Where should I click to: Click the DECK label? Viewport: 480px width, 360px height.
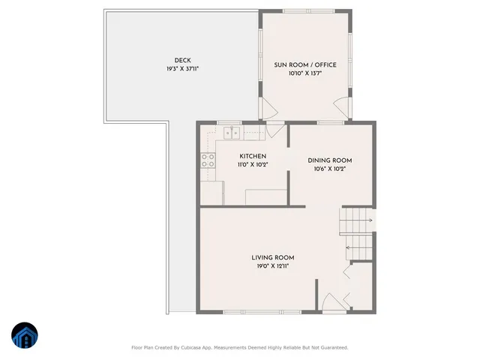[x=181, y=61]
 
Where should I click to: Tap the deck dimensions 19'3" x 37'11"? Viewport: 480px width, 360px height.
[x=181, y=69]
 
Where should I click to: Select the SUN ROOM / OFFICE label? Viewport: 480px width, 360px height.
[x=304, y=64]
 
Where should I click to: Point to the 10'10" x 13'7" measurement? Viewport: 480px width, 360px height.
[x=304, y=73]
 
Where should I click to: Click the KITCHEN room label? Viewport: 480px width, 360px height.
[x=253, y=156]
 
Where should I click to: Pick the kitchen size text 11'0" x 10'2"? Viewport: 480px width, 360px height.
[x=253, y=164]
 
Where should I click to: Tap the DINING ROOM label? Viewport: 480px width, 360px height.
[x=330, y=160]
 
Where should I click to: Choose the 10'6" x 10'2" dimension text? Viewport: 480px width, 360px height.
[x=330, y=169]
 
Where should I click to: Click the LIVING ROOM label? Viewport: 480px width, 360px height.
[x=272, y=257]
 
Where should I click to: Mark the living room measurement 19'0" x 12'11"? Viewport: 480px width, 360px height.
[x=272, y=265]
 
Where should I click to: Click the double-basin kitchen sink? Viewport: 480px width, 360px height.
[x=231, y=134]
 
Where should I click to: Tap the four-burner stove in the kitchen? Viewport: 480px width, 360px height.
[x=208, y=160]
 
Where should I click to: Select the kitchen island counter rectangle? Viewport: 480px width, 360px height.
[x=266, y=196]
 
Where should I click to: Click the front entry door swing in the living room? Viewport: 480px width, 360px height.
[x=331, y=304]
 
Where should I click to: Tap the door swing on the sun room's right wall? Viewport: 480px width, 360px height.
[x=342, y=105]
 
